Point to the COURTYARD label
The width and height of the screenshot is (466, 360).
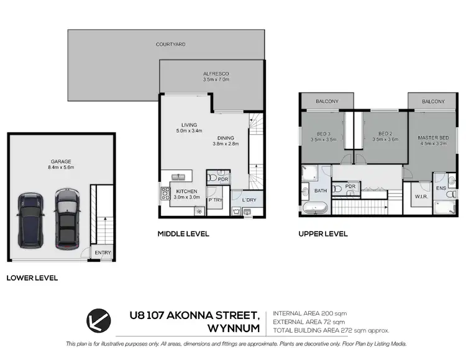pos(171,45)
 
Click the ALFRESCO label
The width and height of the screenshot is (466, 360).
pos(216,73)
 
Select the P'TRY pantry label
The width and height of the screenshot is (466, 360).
pos(216,200)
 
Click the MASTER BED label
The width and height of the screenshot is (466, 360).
pos(433,138)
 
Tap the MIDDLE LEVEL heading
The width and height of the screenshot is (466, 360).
pos(183,234)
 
